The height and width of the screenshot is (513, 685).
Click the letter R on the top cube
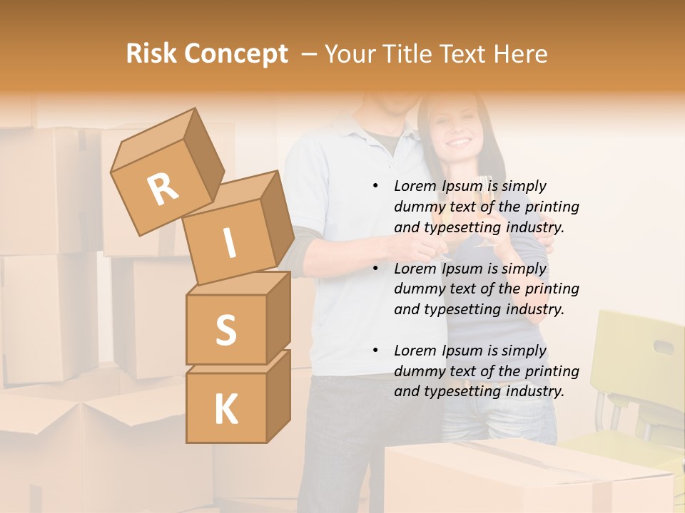(163, 190)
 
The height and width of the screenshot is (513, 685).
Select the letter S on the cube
(225, 331)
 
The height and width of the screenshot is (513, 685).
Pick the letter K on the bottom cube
(225, 410)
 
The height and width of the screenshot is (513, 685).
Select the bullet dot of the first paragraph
(376, 187)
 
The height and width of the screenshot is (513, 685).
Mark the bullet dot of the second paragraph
(376, 269)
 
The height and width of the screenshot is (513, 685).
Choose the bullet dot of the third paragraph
(376, 351)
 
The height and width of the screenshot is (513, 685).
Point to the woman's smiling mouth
(459, 142)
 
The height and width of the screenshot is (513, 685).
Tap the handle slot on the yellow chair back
(664, 348)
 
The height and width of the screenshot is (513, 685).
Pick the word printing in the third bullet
(552, 371)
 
